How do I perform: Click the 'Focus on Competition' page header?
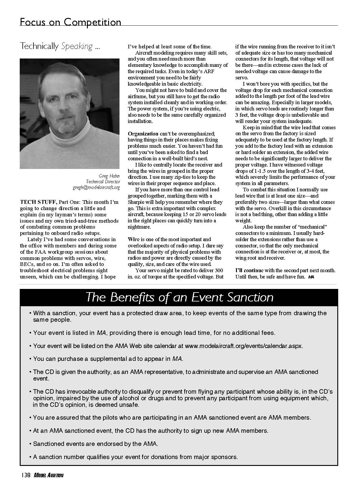pos(70,22)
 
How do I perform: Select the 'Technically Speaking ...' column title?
pos(60,46)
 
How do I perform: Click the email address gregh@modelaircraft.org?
pos(96,187)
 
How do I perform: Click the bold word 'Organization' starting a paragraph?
pos(143,133)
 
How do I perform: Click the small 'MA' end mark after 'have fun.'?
pos(311,277)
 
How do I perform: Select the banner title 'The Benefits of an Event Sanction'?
pos(179,297)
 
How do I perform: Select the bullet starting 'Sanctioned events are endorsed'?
pos(95,444)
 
